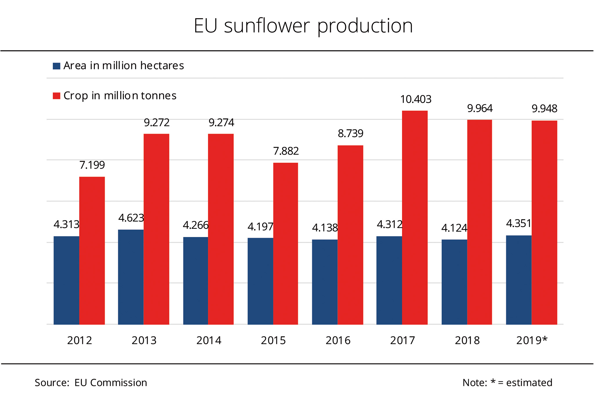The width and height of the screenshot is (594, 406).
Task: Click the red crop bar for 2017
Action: pos(415,217)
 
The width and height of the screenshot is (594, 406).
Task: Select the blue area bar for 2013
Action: pos(131,277)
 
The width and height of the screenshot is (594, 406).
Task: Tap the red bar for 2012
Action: pos(92,251)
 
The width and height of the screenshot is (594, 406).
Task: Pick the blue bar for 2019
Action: pos(519,280)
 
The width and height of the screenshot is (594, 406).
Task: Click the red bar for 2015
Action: pos(285,244)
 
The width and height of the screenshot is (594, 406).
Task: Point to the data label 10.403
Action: pos(416,99)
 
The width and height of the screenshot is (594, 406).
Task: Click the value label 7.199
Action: pos(92,165)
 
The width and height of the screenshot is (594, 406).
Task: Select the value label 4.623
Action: pos(131,218)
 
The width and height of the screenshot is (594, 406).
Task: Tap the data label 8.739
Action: pos(350,133)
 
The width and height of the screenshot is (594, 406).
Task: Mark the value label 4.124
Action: pos(454,228)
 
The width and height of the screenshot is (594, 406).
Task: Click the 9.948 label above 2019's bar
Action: pos(544,109)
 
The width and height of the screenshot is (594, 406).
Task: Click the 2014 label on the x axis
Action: pos(209,340)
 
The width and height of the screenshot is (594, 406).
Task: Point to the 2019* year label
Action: pos(532,340)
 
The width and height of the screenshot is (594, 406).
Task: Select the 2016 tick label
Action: pos(338,340)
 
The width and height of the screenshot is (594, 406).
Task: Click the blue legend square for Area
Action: pos(56,66)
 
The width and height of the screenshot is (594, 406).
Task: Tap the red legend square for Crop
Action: pos(56,96)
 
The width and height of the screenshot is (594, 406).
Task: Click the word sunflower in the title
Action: pos(267,26)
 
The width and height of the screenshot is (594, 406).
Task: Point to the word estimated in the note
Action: pos(529,383)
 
